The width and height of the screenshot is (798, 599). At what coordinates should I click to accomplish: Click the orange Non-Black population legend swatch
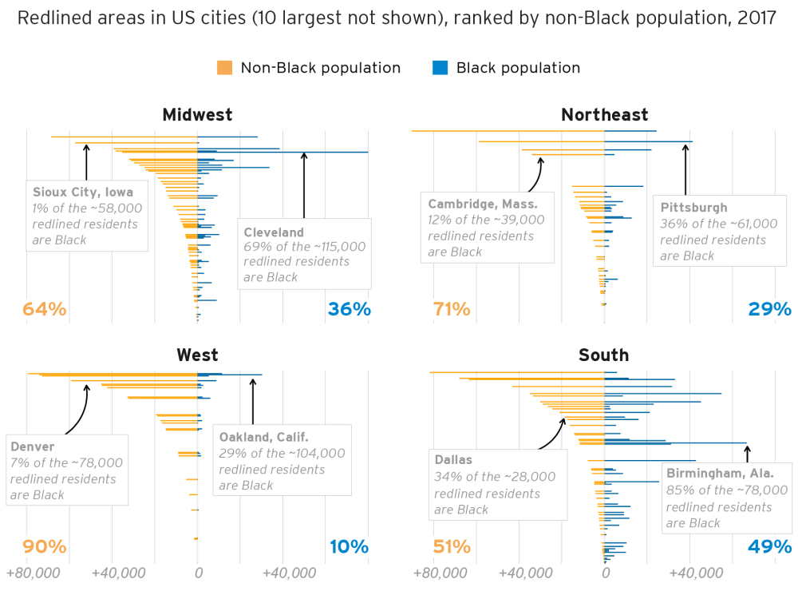click(x=224, y=68)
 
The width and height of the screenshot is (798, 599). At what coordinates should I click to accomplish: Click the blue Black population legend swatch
click(x=440, y=68)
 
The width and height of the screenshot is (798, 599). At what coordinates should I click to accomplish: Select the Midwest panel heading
click(x=197, y=115)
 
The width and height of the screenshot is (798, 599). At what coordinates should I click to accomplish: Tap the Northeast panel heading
click(x=604, y=115)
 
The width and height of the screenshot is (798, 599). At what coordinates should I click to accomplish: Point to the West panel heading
click(x=197, y=355)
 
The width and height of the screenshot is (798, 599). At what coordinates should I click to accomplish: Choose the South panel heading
click(x=604, y=355)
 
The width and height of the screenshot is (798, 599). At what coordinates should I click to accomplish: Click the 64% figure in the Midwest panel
click(x=45, y=309)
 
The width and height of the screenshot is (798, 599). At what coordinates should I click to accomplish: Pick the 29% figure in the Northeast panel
click(x=770, y=309)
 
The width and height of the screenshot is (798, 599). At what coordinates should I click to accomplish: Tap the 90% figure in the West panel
click(x=45, y=547)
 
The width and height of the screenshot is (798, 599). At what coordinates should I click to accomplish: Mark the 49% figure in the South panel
click(x=770, y=547)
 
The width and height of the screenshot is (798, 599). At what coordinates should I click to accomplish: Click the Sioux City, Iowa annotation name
click(x=83, y=192)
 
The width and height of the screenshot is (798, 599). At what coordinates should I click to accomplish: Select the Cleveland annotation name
click(x=274, y=232)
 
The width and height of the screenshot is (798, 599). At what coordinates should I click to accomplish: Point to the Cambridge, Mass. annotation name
click(x=482, y=204)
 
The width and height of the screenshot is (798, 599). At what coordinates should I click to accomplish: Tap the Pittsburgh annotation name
click(x=693, y=208)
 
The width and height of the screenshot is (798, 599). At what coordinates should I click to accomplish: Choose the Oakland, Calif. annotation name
click(x=263, y=437)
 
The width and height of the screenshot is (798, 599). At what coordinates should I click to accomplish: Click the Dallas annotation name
click(x=453, y=460)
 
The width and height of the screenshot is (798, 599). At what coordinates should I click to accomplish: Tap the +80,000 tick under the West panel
click(x=33, y=573)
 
